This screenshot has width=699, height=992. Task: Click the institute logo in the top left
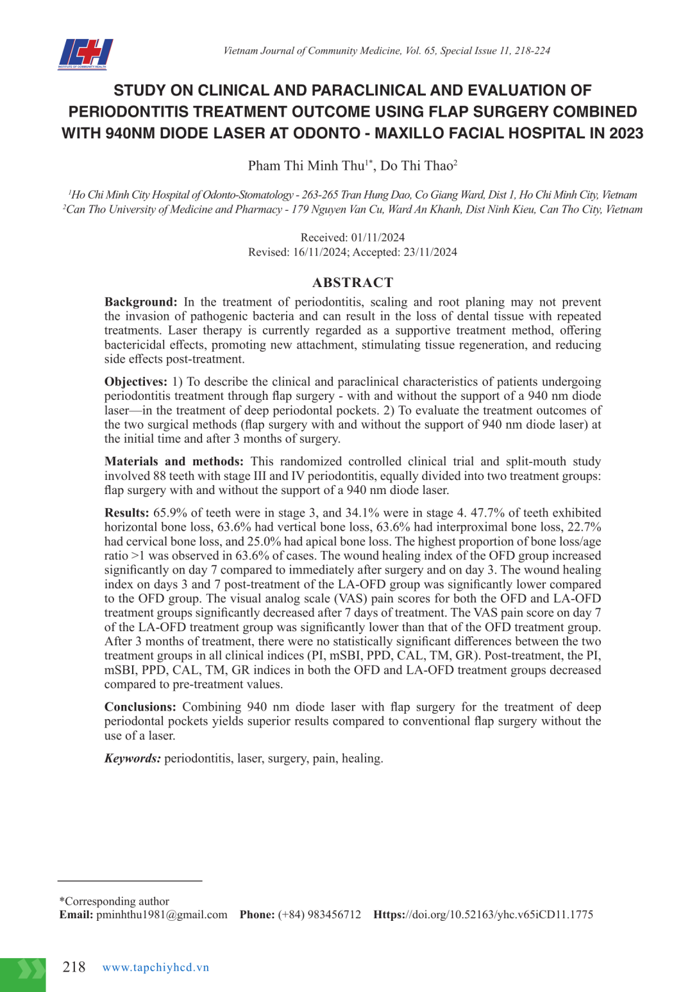(x=85, y=54)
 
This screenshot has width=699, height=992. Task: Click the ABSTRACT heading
(x=352, y=283)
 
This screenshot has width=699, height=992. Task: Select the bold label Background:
(x=140, y=302)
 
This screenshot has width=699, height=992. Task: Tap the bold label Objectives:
(x=136, y=382)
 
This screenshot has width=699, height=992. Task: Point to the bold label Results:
(x=126, y=513)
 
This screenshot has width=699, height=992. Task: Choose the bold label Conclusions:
(x=140, y=707)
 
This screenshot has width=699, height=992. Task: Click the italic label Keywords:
(x=133, y=758)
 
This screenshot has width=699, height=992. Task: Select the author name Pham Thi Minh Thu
(x=306, y=166)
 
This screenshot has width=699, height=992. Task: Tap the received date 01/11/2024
(x=378, y=237)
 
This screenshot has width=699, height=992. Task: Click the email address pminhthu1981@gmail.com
(x=162, y=914)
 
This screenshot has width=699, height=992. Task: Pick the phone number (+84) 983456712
(x=319, y=914)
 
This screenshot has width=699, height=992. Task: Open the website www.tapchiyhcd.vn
(x=156, y=968)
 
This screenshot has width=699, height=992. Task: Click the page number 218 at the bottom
(x=74, y=967)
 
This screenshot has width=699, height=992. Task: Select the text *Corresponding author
(x=114, y=901)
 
